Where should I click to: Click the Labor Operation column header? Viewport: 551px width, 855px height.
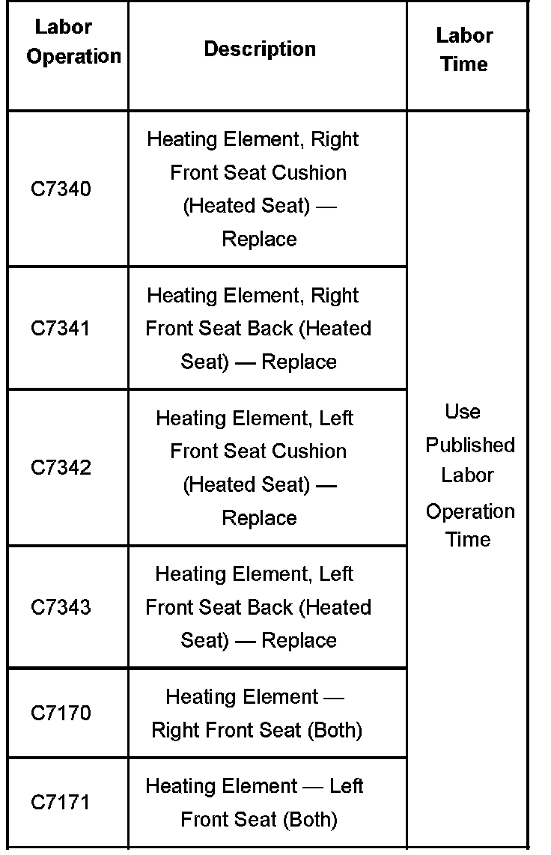(x=73, y=42)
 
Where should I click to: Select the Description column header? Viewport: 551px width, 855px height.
(x=260, y=49)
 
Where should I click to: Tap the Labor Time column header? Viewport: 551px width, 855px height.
(x=464, y=49)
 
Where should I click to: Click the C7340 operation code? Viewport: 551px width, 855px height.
(x=61, y=189)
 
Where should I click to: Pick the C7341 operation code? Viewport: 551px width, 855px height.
(x=61, y=329)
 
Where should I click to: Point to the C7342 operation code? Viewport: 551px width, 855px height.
(x=61, y=468)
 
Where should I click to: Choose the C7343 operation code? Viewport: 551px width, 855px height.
(x=61, y=607)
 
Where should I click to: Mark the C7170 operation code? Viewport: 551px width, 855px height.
(x=61, y=713)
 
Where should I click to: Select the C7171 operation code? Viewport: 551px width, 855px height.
(x=61, y=803)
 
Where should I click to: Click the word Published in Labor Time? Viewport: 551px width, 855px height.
(x=470, y=445)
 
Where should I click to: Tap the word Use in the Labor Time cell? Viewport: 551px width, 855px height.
(x=463, y=412)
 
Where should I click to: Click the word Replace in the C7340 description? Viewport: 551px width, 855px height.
(x=259, y=240)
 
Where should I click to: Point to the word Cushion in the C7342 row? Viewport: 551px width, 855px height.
(x=309, y=451)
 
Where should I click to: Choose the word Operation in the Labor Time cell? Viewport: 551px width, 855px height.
(x=470, y=512)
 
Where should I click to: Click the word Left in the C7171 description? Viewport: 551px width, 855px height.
(x=346, y=787)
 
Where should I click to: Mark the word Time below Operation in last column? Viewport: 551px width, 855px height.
(x=468, y=540)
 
